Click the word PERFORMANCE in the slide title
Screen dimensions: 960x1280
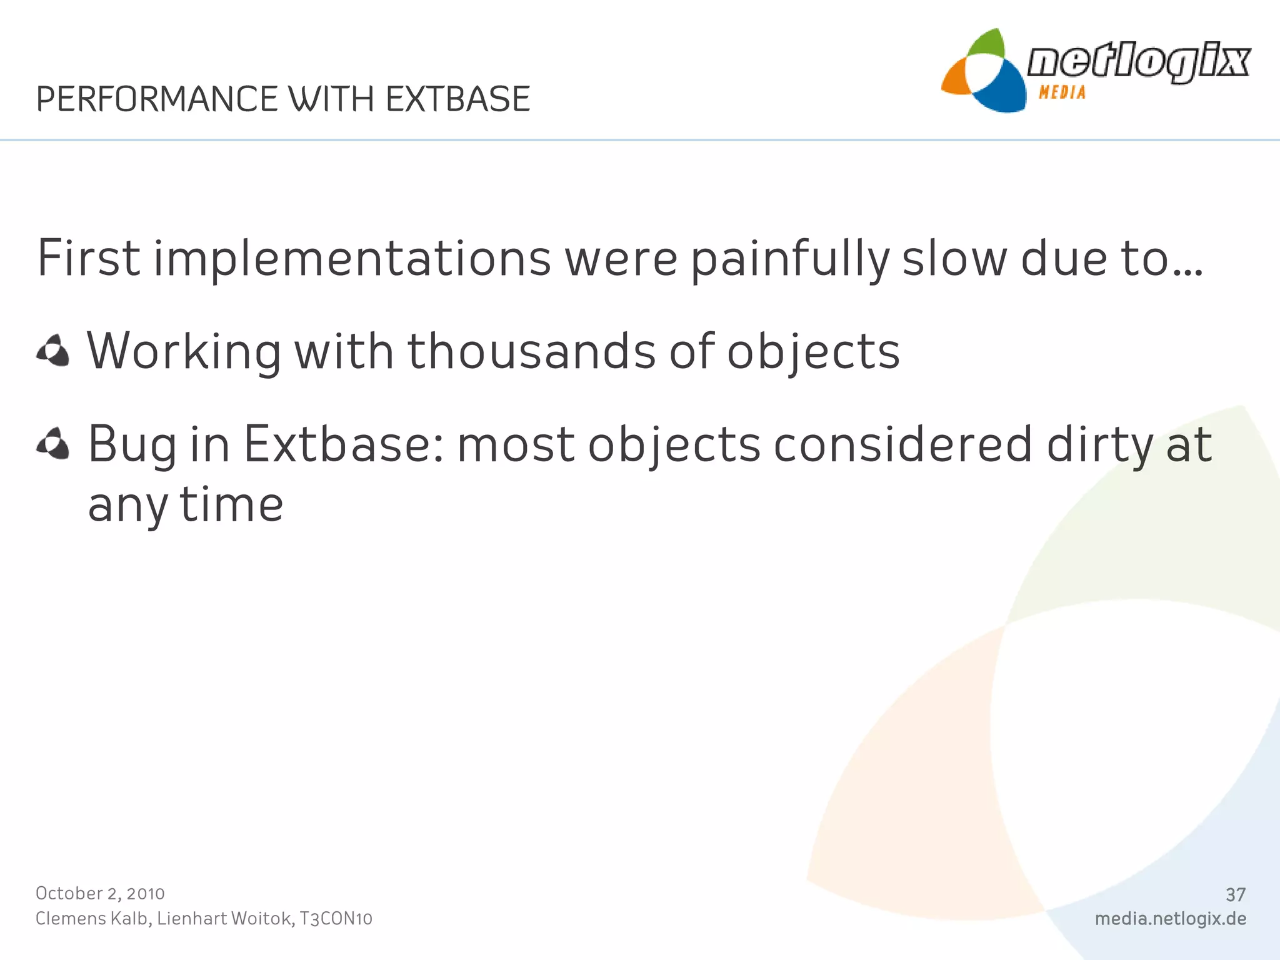(157, 99)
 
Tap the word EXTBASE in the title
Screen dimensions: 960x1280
(457, 99)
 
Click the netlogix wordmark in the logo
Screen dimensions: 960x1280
(1138, 62)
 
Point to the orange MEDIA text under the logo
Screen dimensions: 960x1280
(1062, 92)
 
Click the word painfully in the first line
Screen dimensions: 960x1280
(790, 259)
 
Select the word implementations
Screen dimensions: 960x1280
(352, 259)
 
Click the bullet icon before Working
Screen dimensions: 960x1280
(53, 351)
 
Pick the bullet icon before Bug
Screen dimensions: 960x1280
(53, 444)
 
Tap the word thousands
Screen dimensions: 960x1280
(531, 351)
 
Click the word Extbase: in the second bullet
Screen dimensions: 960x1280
(344, 444)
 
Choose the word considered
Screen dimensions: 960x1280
(903, 444)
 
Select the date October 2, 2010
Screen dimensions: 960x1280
(100, 893)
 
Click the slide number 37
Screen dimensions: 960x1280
(1236, 895)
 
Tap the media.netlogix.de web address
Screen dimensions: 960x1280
(1171, 919)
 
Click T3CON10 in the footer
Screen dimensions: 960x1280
(336, 919)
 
